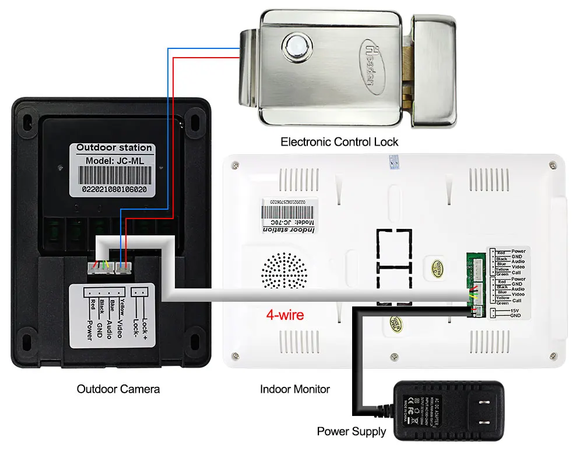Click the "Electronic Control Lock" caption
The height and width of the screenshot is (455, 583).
[x=339, y=142]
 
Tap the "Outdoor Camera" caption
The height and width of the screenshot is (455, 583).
[x=118, y=389]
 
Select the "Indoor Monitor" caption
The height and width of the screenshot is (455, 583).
[x=295, y=389]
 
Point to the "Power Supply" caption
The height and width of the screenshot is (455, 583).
[x=352, y=431]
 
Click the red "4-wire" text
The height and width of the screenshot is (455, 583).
[x=285, y=315]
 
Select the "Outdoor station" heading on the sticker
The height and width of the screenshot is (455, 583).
[x=114, y=148]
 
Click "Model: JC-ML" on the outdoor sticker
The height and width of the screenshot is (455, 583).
[x=114, y=160]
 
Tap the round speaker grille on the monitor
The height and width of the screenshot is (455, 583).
[x=284, y=271]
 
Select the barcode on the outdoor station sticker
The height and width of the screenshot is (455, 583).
[x=114, y=175]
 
